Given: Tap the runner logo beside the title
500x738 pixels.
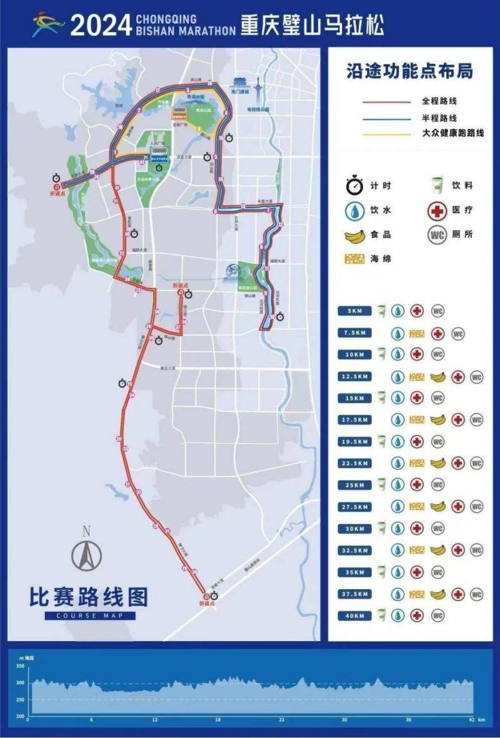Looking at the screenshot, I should pyautogui.click(x=49, y=25).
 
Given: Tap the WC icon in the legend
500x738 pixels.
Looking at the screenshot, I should pyautogui.click(x=437, y=235).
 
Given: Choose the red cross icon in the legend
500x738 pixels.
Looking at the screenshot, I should pyautogui.click(x=437, y=210).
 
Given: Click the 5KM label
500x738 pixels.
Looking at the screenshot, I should pyautogui.click(x=354, y=311).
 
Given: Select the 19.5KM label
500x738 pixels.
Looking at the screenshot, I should pyautogui.click(x=354, y=442).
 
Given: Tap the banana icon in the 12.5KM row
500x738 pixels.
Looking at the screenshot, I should pyautogui.click(x=437, y=377).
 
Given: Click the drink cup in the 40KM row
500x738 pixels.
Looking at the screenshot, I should pyautogui.click(x=380, y=615).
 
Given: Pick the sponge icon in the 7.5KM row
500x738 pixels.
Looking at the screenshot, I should pyautogui.click(x=417, y=333).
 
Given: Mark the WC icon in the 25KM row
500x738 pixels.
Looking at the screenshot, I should pyautogui.click(x=437, y=485).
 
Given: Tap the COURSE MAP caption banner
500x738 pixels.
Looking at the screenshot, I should pyautogui.click(x=90, y=615).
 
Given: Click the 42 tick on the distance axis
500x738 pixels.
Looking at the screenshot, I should pyautogui.click(x=471, y=720).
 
